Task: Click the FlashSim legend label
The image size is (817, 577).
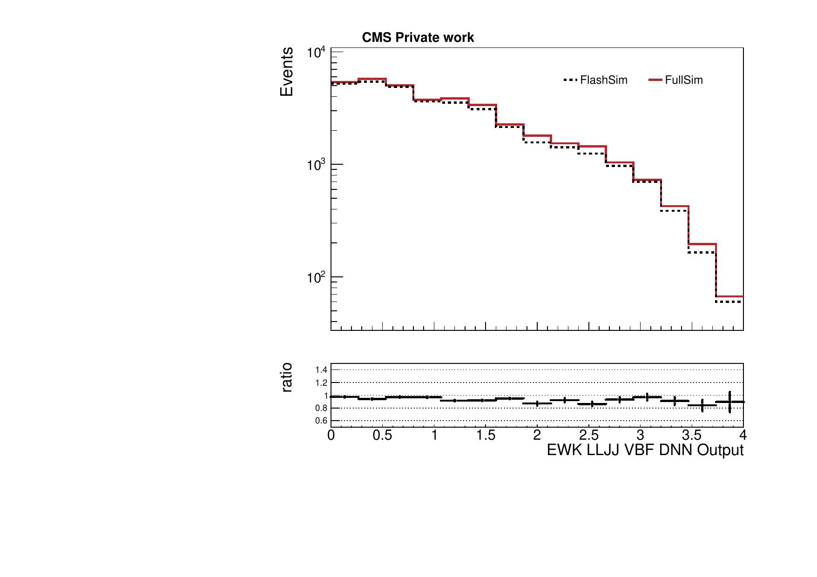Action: pyautogui.click(x=603, y=80)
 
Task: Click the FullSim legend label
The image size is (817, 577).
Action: pyautogui.click(x=683, y=80)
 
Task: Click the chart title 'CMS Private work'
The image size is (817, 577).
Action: pyautogui.click(x=418, y=38)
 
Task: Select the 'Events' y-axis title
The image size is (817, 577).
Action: pyautogui.click(x=287, y=72)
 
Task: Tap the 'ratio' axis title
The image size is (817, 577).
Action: pyautogui.click(x=287, y=377)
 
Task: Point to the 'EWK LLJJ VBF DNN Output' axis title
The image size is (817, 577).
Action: pyautogui.click(x=645, y=450)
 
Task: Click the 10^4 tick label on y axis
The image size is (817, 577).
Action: pyautogui.click(x=317, y=52)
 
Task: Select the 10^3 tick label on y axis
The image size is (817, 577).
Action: pyautogui.click(x=317, y=165)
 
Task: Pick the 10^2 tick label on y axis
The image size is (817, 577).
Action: pyautogui.click(x=317, y=278)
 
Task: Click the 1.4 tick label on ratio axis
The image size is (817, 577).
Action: pyautogui.click(x=321, y=370)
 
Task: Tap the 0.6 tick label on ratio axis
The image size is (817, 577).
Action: pyautogui.click(x=321, y=421)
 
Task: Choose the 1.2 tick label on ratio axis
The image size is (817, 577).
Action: pyautogui.click(x=321, y=382)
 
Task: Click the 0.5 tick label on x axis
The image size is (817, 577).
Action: pyautogui.click(x=382, y=436)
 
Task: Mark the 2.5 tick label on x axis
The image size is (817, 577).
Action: pyautogui.click(x=588, y=436)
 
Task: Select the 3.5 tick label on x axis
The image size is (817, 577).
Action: pyautogui.click(x=691, y=436)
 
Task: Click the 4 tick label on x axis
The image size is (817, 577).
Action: pyautogui.click(x=743, y=436)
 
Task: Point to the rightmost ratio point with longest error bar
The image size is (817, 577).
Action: pyautogui.click(x=729, y=402)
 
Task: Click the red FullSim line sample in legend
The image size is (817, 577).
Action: pyautogui.click(x=655, y=80)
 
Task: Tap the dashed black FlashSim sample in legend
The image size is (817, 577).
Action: pyautogui.click(x=570, y=80)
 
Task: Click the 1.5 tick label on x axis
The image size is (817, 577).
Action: pyautogui.click(x=485, y=436)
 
